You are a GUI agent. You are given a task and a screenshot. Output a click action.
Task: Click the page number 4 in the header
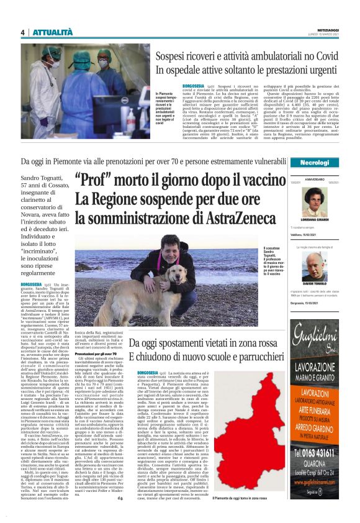22,32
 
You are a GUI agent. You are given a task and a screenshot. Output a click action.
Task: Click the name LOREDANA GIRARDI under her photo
314,238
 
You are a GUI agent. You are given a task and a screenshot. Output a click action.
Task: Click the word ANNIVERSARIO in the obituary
315,179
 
